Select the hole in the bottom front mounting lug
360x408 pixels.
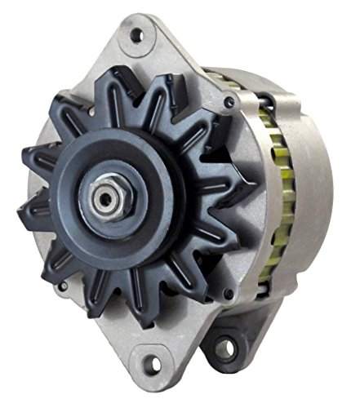coord(150,377)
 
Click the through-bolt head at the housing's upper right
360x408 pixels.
coord(231,103)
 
